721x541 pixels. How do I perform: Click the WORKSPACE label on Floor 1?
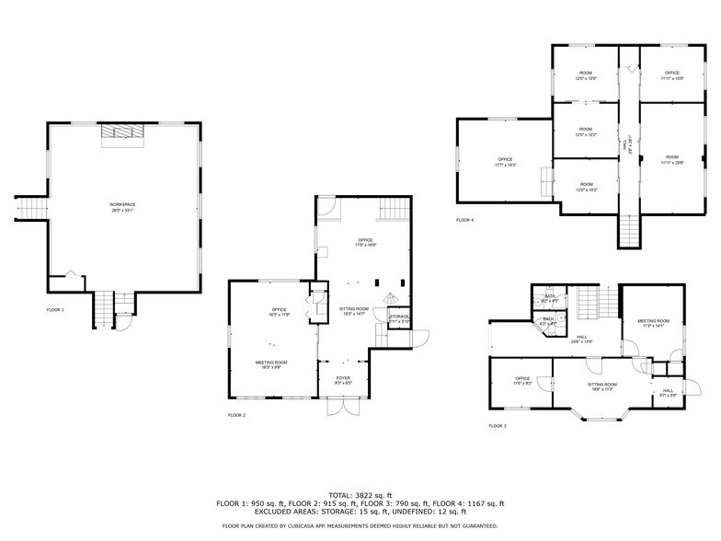(x=122, y=207)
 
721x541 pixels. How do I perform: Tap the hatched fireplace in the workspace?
(x=122, y=134)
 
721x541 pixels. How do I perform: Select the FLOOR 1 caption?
(x=56, y=310)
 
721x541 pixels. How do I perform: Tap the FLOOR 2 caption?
(x=237, y=416)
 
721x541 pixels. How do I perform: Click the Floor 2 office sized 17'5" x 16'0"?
(x=365, y=243)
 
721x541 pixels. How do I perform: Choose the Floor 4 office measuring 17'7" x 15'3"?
(x=505, y=162)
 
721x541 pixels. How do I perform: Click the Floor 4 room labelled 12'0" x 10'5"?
(x=585, y=75)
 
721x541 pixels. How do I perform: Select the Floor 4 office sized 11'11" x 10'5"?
(x=672, y=75)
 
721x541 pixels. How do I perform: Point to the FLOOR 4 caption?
(x=465, y=220)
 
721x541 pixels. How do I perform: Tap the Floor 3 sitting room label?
(x=602, y=386)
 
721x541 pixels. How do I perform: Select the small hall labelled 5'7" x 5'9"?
(x=669, y=393)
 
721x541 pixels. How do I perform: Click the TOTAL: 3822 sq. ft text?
(x=360, y=496)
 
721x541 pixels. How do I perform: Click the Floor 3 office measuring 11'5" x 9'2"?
(x=522, y=381)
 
